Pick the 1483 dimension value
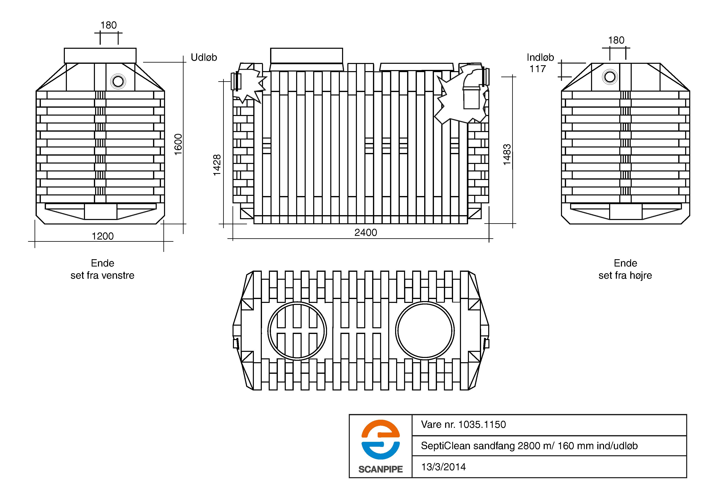506,155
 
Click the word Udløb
204,57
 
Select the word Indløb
540,57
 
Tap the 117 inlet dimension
538,69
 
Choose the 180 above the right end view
616,40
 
